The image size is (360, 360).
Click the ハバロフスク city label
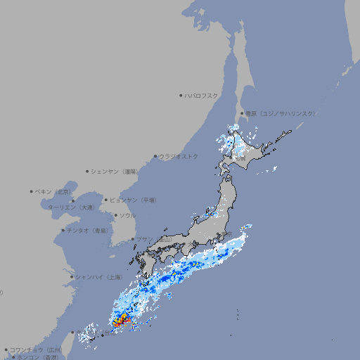(202, 95)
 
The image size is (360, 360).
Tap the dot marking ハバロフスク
(181, 95)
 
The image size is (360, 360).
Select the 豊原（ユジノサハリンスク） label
(280, 113)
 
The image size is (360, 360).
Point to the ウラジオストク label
(179, 156)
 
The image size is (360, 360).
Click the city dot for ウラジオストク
(155, 157)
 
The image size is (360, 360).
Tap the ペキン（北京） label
(54, 191)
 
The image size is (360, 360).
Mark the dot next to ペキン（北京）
(32, 191)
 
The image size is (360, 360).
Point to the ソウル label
(127, 215)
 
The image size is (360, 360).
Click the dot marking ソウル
(115, 215)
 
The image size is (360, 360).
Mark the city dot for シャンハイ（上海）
(72, 276)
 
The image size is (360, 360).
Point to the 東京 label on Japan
(227, 234)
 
